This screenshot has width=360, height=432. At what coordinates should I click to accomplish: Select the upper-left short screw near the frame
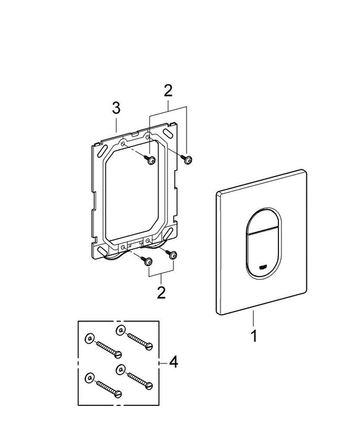[x=151, y=161]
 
